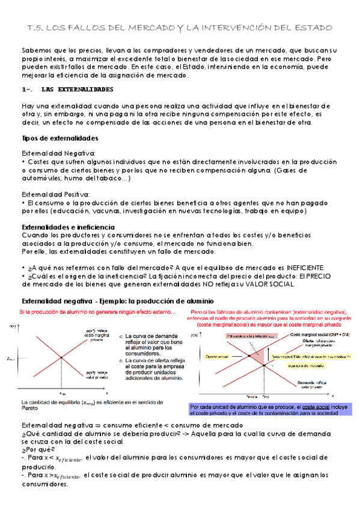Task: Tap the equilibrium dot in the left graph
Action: click(62, 358)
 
